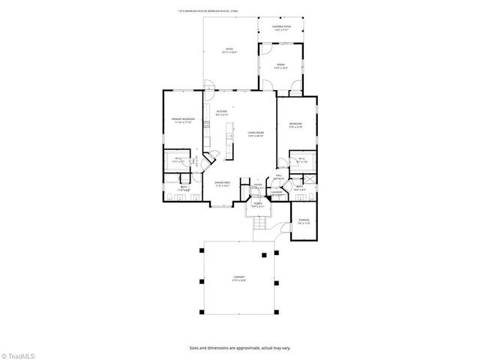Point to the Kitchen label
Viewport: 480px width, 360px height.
222,112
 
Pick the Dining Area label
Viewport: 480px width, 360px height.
223,182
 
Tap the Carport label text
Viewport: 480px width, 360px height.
238,278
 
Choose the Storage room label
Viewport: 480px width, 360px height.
304,221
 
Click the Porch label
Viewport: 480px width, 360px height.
256,204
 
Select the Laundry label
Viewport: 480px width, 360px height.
277,193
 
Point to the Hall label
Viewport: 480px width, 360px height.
278,175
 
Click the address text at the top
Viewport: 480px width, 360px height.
239,11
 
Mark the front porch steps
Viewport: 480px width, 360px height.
260,223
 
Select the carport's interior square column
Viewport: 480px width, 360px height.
264,255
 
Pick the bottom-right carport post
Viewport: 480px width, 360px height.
279,311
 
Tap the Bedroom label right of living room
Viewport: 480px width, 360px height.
295,124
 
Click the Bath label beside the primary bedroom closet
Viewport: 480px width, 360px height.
184,190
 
